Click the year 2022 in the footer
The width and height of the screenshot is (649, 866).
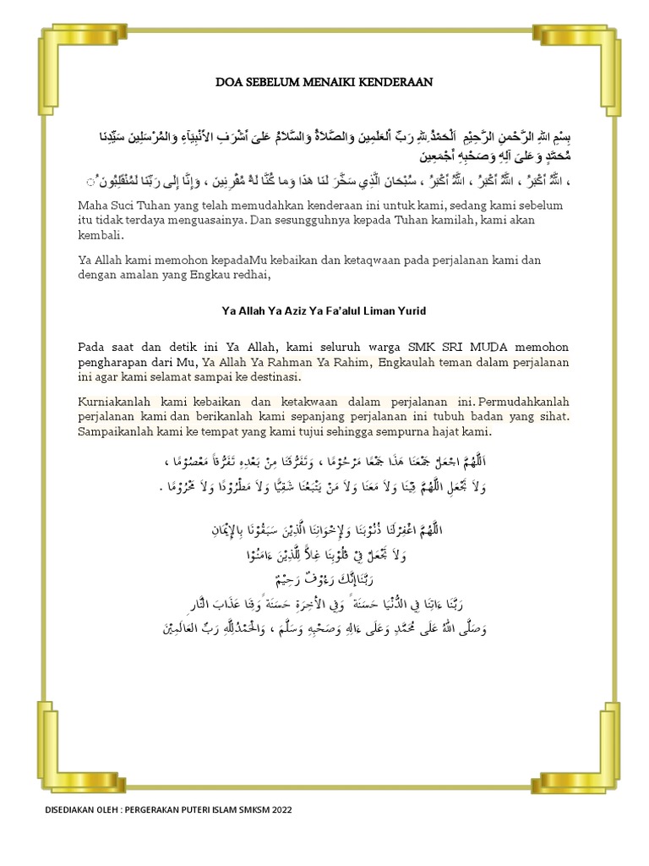pos(279,809)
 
